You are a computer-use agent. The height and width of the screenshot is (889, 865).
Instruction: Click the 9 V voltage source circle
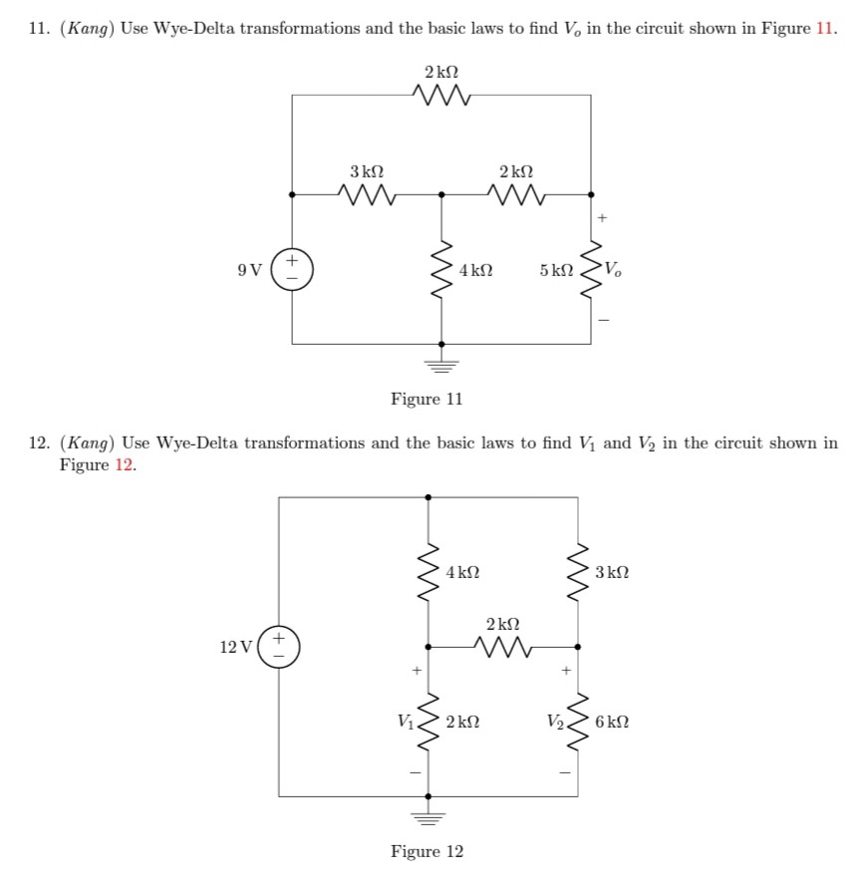(292, 270)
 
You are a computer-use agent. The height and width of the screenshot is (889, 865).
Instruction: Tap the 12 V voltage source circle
(279, 647)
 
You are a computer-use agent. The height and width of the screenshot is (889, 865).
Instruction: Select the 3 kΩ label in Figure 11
(366, 171)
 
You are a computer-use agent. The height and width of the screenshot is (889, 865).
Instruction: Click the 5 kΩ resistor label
(555, 270)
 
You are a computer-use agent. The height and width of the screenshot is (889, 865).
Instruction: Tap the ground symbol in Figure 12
(429, 816)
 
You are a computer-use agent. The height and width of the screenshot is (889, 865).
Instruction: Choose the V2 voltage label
(554, 722)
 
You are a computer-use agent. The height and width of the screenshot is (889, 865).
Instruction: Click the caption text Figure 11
(427, 400)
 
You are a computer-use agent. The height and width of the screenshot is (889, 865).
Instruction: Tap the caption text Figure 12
(427, 852)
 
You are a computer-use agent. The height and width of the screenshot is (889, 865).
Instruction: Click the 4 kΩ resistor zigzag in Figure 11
(441, 270)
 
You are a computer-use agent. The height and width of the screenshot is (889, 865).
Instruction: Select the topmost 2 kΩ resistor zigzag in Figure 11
(441, 96)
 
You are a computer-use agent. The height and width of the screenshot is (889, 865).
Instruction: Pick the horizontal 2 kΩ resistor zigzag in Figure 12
(503, 647)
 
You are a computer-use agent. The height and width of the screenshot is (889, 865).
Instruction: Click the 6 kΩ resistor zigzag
(578, 722)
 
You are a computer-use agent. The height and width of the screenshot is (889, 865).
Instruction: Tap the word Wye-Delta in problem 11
(192, 27)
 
